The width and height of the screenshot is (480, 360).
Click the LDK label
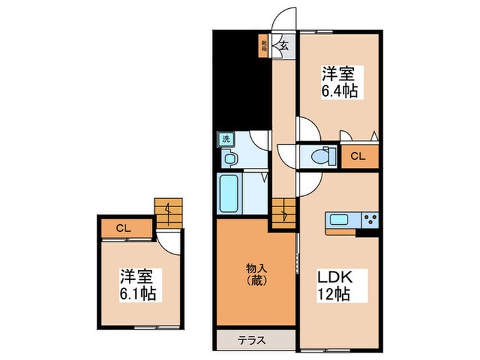tap(334, 278)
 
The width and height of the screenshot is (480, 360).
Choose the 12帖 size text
tap(334, 296)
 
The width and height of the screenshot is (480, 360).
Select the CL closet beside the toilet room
tap(358, 156)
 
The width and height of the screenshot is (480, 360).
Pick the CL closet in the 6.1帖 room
tap(123, 228)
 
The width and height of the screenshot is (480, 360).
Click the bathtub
tap(228, 193)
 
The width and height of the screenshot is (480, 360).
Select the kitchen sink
tap(339, 220)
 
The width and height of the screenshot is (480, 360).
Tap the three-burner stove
tap(370, 220)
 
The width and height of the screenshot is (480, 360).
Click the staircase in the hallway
tap(283, 210)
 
